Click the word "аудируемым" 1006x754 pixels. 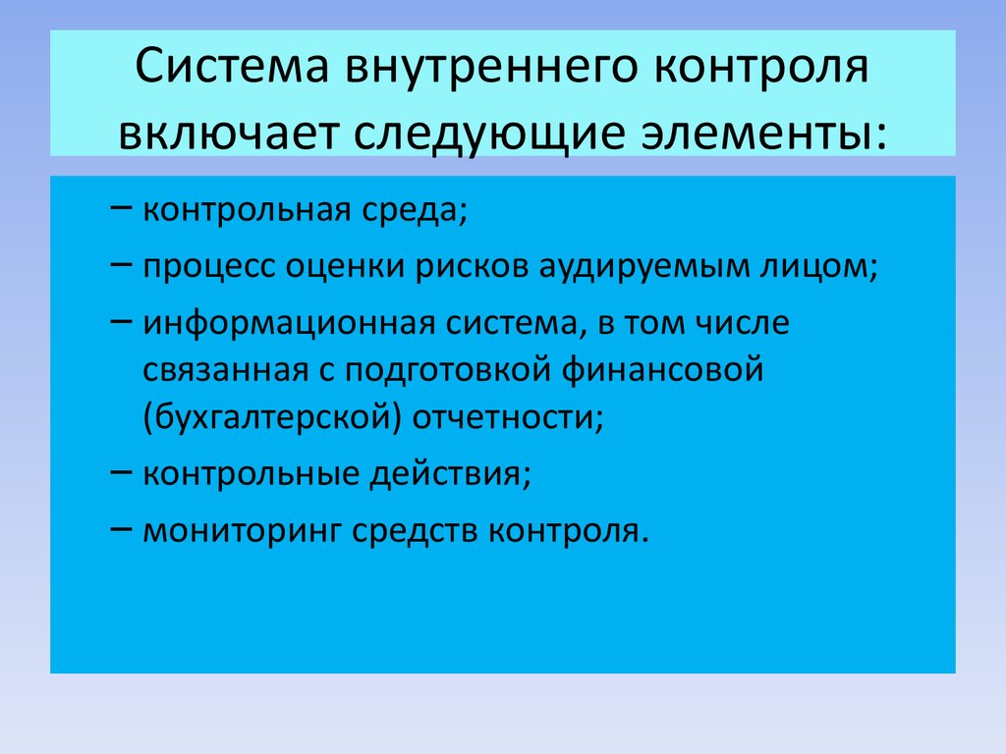point(644,268)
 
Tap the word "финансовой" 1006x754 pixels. point(662,371)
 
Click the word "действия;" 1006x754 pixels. point(450,474)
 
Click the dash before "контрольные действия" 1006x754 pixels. point(121,471)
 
